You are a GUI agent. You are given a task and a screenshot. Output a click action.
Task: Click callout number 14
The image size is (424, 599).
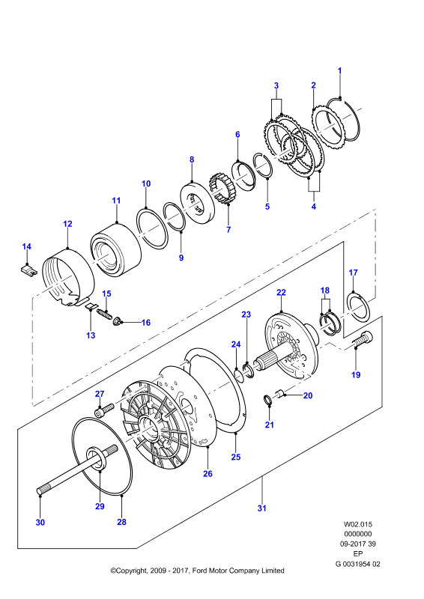[26, 247]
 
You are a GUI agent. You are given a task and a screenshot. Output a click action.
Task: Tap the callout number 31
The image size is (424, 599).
[261, 508]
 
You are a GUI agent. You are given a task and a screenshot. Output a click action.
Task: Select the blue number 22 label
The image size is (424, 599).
[281, 293]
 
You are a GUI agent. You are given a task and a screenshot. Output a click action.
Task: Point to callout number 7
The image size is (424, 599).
[228, 230]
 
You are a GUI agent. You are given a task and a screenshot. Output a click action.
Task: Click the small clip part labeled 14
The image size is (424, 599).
[28, 270]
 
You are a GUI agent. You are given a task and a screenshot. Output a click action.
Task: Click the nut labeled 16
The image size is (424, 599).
[116, 322]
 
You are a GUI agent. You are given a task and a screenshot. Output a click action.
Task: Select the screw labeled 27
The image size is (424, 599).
[104, 410]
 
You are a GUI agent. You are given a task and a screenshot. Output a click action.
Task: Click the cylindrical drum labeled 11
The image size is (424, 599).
[115, 249]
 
